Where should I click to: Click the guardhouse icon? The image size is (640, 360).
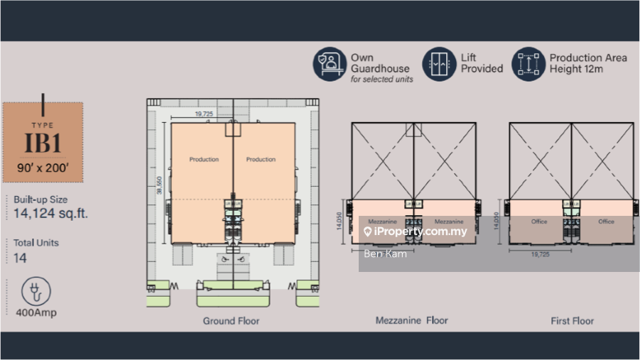point(329,64)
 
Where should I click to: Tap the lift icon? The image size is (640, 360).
point(439,64)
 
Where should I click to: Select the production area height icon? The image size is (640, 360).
point(528,64)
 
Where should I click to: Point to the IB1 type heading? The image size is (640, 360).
point(43,142)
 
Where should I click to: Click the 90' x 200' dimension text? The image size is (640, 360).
point(43,168)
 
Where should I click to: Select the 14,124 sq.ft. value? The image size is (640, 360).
point(50,213)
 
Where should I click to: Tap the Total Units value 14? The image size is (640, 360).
point(20,258)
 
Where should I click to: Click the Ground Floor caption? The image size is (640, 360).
point(231,321)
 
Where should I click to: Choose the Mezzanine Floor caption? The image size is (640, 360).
point(412,320)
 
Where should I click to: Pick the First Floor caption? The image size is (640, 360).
point(572,321)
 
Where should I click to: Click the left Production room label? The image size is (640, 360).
point(204,160)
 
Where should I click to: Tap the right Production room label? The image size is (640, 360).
point(261,160)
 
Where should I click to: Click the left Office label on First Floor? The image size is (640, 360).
point(539,222)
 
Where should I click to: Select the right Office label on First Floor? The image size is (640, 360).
point(606,222)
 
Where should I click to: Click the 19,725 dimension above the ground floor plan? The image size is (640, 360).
point(203,114)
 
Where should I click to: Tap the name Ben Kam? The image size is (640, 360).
point(385,253)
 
